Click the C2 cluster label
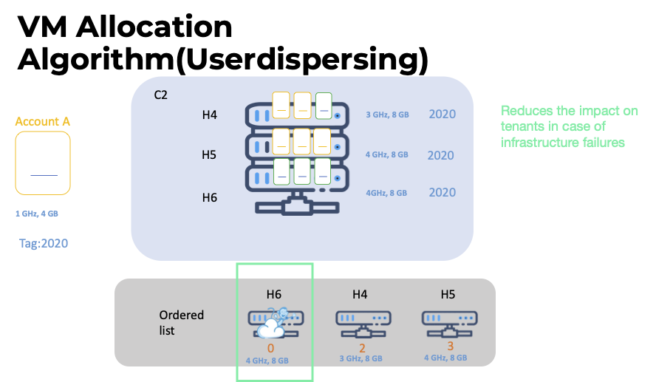[x=160, y=95]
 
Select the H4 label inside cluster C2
[x=210, y=115]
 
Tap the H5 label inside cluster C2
[x=210, y=156]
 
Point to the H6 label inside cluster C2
[x=210, y=197]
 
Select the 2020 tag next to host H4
[x=443, y=115]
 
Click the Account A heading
[x=43, y=121]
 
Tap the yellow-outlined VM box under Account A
[x=43, y=163]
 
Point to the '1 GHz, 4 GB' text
[x=36, y=214]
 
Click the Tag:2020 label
[x=43, y=242]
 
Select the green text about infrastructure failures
[x=569, y=126]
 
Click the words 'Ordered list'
[x=181, y=322]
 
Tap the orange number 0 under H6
[x=270, y=347]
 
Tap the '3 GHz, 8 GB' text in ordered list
[x=360, y=358]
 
